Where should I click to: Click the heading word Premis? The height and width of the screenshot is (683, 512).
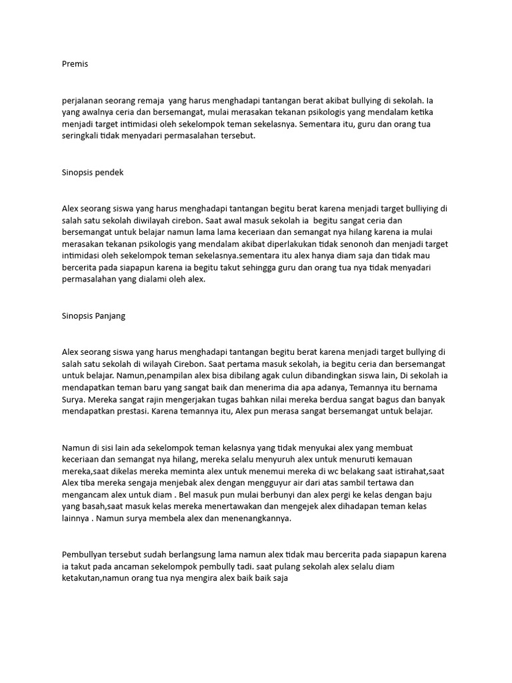75,64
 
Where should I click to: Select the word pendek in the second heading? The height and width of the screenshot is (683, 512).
109,172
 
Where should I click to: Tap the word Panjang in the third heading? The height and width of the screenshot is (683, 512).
109,315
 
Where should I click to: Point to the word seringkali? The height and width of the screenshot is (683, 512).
83,136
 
